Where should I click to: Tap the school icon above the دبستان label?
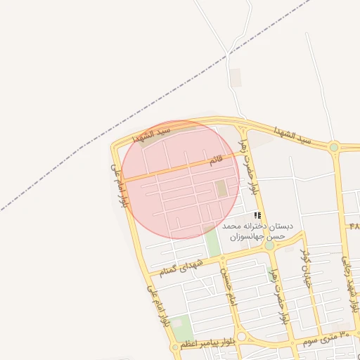point(258,214)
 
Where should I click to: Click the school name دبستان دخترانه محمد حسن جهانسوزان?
point(254,232)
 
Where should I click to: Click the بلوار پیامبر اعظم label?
point(206,343)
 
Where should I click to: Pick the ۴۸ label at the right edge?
point(353,226)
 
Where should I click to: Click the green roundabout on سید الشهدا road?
point(334,148)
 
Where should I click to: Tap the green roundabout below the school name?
point(269,245)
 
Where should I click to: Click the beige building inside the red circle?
point(221,188)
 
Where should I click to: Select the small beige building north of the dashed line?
point(236,78)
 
